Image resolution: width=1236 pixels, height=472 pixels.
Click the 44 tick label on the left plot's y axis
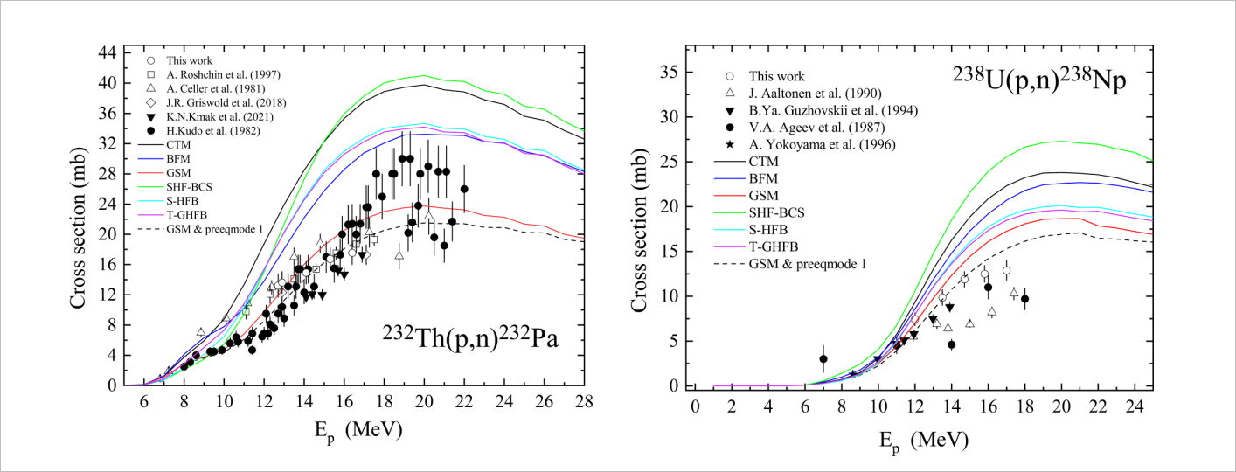tap(107, 52)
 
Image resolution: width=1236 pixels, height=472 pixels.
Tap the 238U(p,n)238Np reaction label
tap(1038, 80)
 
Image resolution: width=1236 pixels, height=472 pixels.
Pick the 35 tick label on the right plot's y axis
tap(670, 73)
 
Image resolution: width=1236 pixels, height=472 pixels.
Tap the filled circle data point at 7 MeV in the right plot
tap(823, 358)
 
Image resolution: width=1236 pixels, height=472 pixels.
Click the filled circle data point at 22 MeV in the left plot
tap(464, 189)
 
